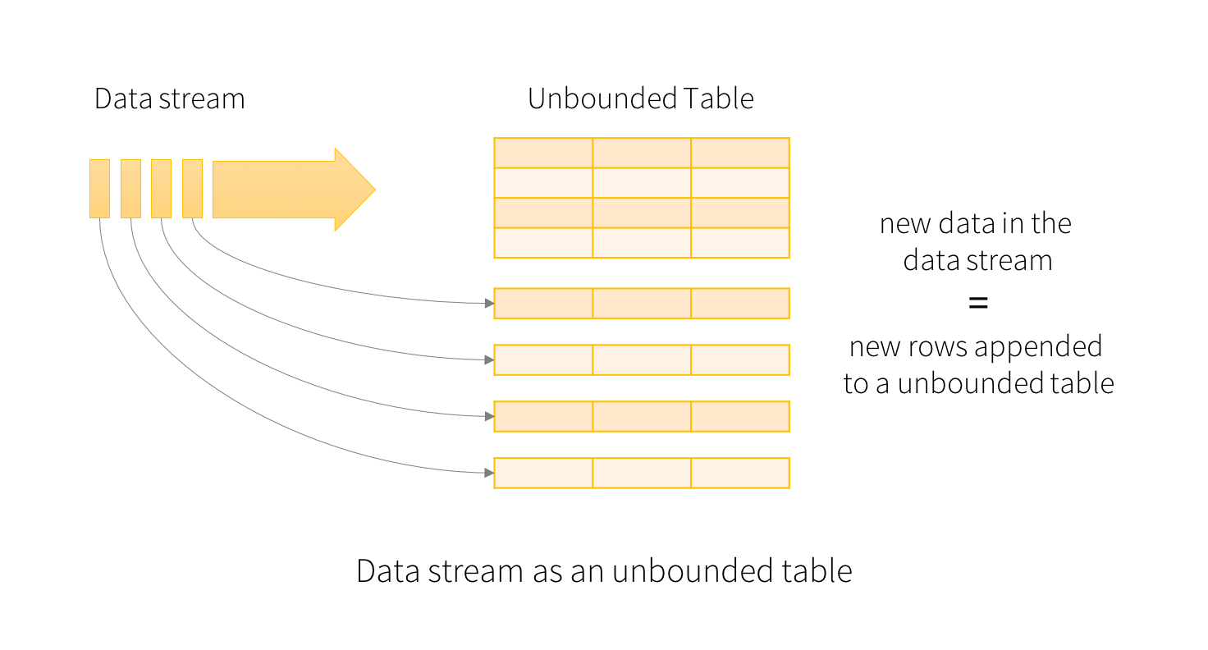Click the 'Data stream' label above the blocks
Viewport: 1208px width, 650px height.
click(169, 99)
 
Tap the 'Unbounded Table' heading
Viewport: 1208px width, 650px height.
click(640, 99)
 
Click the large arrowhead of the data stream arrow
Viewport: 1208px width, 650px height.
click(353, 189)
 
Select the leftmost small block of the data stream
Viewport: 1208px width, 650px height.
click(99, 189)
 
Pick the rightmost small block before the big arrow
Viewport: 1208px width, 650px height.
click(192, 189)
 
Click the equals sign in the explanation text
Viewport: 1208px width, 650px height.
click(977, 303)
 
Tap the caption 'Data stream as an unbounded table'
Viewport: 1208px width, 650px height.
click(604, 571)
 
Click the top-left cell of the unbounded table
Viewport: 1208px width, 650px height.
click(543, 153)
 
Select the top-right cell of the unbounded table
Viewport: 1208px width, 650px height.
click(739, 153)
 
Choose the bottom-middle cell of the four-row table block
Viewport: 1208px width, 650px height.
click(641, 243)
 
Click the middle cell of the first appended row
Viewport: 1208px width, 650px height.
click(641, 303)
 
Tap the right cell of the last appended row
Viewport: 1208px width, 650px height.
click(739, 473)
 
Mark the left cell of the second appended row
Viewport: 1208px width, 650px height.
click(543, 359)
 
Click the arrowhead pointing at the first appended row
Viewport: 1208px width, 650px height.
click(488, 304)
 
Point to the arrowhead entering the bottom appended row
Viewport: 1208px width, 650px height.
click(488, 473)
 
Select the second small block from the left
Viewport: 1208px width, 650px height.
click(130, 189)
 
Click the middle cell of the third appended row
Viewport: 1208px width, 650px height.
click(641, 416)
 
